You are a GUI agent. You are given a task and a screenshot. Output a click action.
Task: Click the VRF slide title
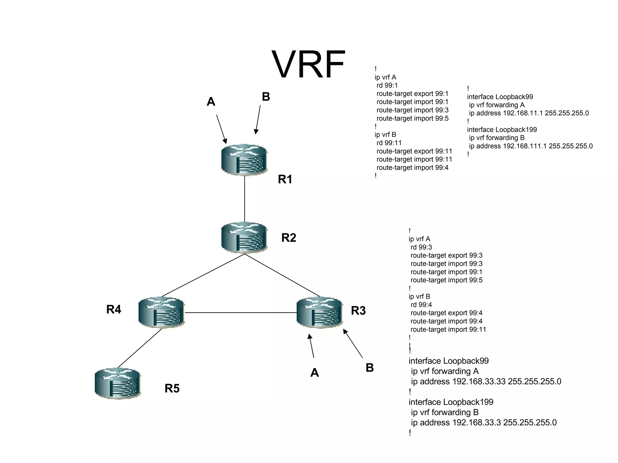tap(308, 65)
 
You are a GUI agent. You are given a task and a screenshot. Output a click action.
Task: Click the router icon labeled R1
tap(244, 160)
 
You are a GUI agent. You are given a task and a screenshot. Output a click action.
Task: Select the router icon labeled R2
tap(244, 237)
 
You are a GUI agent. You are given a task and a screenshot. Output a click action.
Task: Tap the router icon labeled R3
tap(320, 312)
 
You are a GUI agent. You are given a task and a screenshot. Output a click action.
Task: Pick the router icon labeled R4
tap(161, 312)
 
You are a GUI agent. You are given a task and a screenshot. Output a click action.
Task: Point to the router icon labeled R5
tap(117, 383)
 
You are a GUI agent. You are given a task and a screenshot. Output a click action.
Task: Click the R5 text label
tap(172, 388)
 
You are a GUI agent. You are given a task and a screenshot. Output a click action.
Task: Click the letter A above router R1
tap(211, 102)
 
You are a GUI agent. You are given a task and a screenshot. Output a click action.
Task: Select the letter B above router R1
tap(266, 97)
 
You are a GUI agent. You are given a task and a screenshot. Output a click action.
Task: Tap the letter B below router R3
tap(370, 368)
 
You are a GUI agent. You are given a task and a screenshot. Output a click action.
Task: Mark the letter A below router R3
tap(314, 373)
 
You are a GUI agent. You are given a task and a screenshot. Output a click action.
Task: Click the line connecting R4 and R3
tap(241, 313)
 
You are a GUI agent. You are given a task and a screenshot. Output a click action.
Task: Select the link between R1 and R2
tap(244, 199)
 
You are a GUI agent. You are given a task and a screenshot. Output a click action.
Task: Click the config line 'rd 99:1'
tap(387, 86)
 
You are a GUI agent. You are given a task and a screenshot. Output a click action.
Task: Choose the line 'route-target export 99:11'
tap(414, 151)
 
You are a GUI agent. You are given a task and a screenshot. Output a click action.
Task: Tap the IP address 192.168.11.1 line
tap(529, 113)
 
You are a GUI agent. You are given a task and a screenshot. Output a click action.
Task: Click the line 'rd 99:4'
tap(421, 305)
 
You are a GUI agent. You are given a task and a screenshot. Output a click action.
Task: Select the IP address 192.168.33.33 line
tap(486, 382)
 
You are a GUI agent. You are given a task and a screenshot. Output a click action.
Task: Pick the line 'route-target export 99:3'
tap(446, 256)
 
